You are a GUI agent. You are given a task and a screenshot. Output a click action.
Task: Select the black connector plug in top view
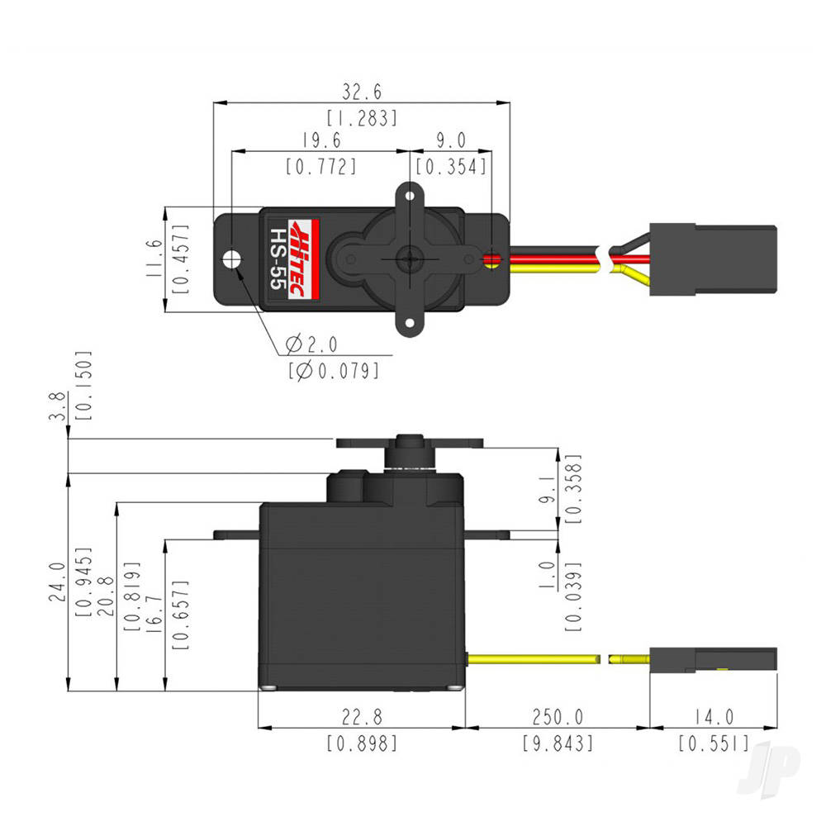pyautogui.click(x=712, y=259)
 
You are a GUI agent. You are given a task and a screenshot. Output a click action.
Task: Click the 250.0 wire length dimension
pyautogui.click(x=556, y=715)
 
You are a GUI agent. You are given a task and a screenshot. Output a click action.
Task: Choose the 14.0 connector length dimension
pyautogui.click(x=713, y=715)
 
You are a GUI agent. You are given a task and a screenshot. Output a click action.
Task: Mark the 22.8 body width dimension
pyautogui.click(x=362, y=715)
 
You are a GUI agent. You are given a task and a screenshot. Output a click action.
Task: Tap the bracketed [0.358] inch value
pyautogui.click(x=573, y=489)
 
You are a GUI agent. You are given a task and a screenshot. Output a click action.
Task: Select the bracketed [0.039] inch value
pyautogui.click(x=573, y=596)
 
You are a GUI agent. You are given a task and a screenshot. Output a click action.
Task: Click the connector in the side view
pyautogui.click(x=712, y=659)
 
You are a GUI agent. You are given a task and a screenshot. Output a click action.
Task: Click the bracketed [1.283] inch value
pyautogui.click(x=362, y=117)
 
